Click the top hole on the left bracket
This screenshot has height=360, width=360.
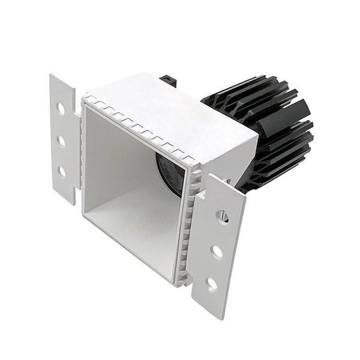coord(61,110)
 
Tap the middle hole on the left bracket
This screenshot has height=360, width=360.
coord(61,141)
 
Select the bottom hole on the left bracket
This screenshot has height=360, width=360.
coord(62,172)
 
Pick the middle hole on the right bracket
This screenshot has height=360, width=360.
coord(217,252)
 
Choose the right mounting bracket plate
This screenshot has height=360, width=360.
coord(219,240)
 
